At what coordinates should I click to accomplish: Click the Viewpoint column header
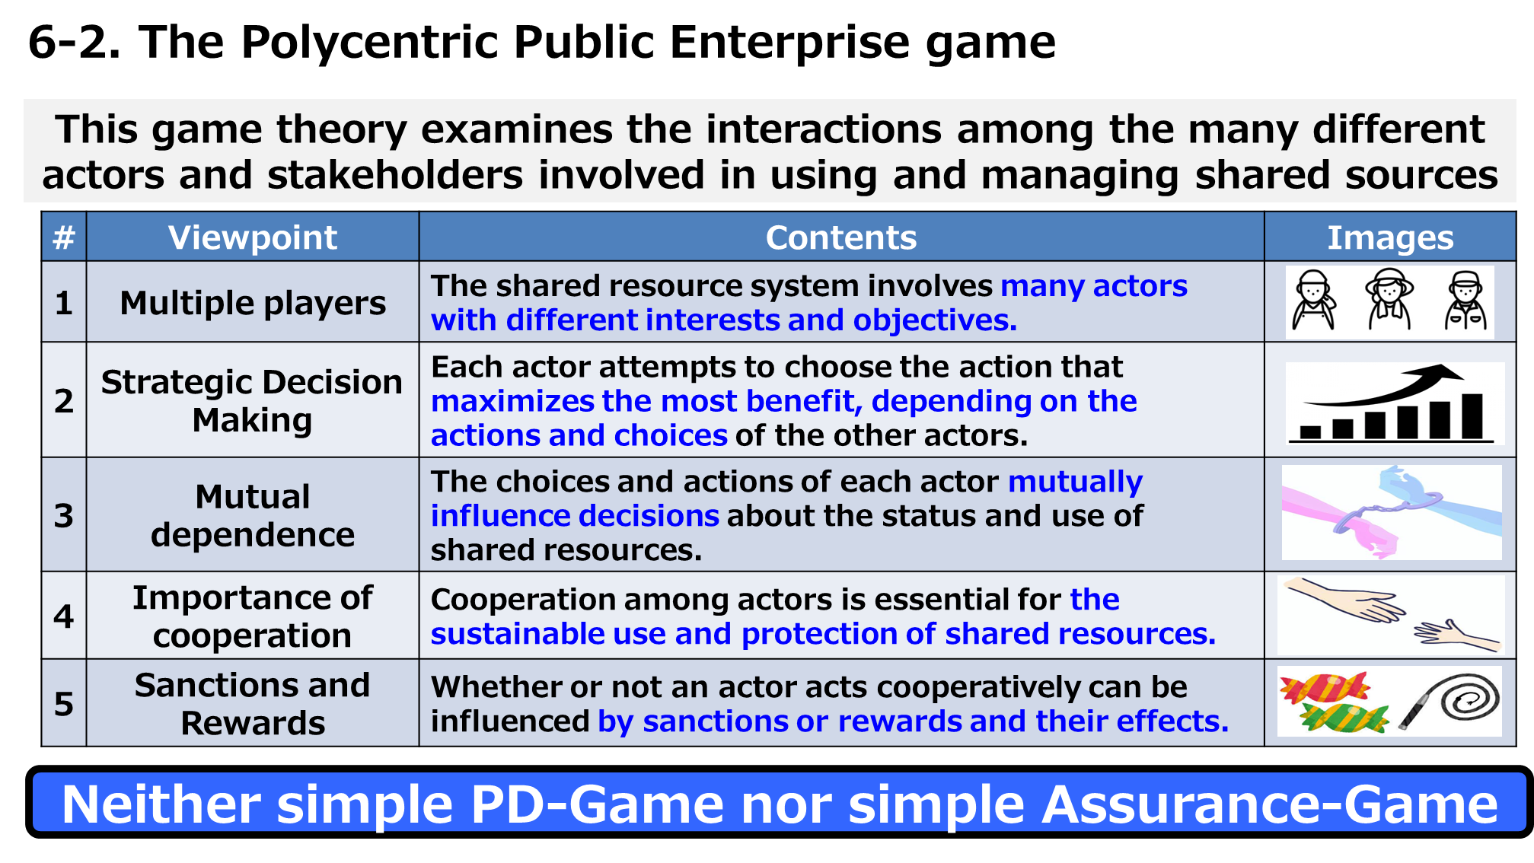[x=252, y=237]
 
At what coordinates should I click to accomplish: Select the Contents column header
[x=841, y=237]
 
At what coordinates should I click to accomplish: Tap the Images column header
[x=1390, y=237]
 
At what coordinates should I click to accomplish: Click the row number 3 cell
[x=64, y=515]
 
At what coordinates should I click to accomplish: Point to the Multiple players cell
[x=252, y=303]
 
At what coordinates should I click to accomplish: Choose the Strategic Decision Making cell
[x=252, y=400]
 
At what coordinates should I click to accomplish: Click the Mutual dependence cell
[x=252, y=515]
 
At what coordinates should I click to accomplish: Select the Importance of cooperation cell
[x=252, y=616]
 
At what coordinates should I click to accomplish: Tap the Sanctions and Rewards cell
[x=252, y=703]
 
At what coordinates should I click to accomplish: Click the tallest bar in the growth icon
[x=1473, y=416]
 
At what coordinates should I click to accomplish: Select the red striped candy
[x=1325, y=687]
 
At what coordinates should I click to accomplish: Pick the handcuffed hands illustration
[x=1392, y=511]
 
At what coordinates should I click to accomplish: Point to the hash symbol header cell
[x=64, y=237]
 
